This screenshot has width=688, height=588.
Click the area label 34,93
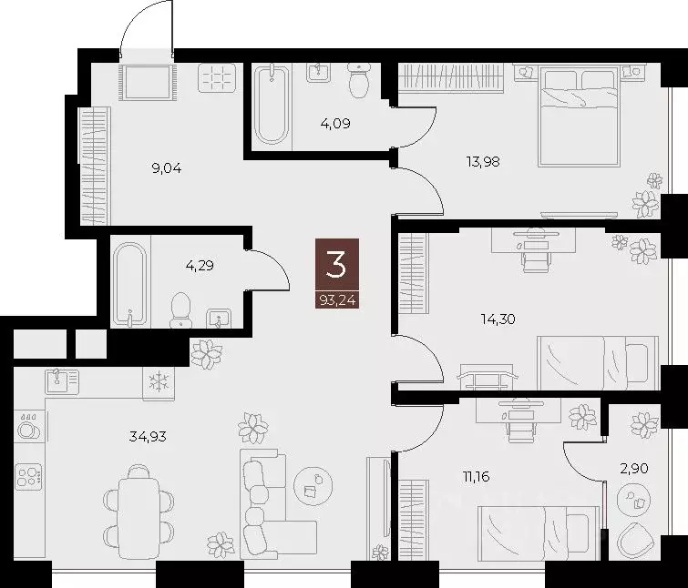coord(149,436)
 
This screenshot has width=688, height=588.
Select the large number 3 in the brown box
coord(337,265)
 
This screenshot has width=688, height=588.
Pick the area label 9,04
coord(166,167)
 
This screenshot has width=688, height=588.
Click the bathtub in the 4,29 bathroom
coord(128,282)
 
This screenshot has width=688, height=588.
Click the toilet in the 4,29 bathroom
coord(181,309)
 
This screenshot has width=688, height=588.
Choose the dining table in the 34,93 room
coord(139,510)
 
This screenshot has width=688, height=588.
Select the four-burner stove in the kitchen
coord(28,477)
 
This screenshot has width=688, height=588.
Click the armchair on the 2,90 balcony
coord(635,541)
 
